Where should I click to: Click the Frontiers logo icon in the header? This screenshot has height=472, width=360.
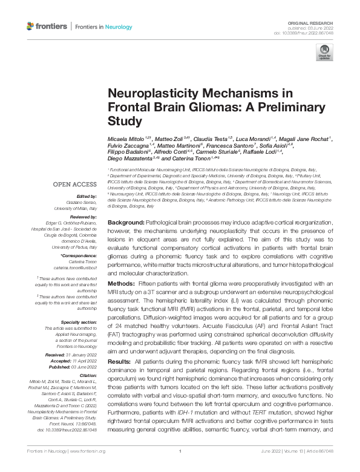coord(31,26)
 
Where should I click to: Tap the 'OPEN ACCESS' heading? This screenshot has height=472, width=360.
coord(75,184)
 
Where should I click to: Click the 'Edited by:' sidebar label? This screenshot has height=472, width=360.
coord(87,196)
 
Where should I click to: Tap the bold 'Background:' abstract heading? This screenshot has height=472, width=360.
coord(129,223)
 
